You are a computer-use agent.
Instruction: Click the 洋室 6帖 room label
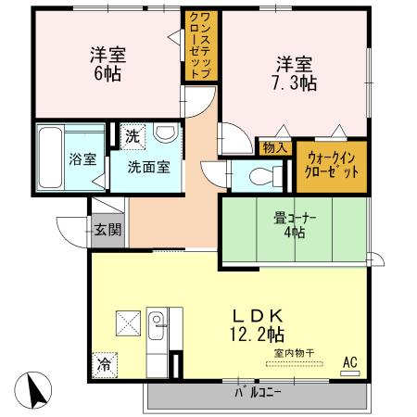point(108,63)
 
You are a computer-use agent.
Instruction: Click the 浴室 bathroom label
point(83,158)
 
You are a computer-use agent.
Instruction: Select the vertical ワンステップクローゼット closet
point(200,46)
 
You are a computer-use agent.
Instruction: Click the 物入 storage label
point(275,146)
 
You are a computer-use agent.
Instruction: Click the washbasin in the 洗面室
point(165,135)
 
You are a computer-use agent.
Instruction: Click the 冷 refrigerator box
point(105,364)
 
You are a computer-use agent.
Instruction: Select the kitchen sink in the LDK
point(158,323)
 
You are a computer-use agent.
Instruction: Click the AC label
point(350,361)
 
